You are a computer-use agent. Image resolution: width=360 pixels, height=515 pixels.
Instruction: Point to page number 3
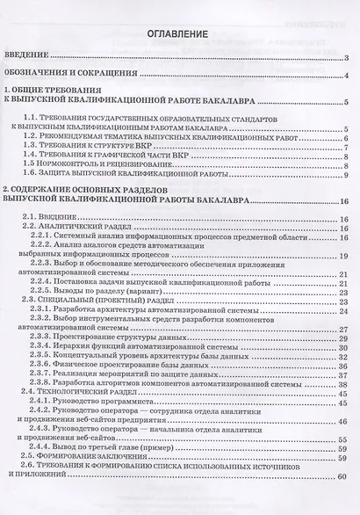click(x=348, y=59)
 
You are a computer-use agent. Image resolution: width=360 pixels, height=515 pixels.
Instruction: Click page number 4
click(x=348, y=76)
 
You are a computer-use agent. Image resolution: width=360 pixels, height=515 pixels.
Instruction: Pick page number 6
click(x=348, y=139)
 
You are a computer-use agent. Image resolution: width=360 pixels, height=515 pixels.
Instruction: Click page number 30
click(x=345, y=346)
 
